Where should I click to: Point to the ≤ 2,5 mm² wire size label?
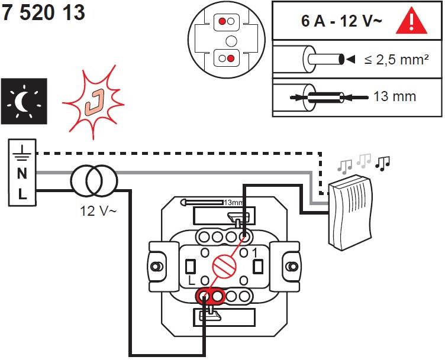click(x=396, y=60)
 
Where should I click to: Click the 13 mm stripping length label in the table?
click(x=395, y=96)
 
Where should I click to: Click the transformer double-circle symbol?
click(x=93, y=182)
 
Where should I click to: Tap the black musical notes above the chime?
click(x=383, y=163)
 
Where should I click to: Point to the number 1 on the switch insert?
click(x=256, y=253)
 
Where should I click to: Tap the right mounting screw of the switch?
click(x=291, y=267)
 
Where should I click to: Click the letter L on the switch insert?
click(x=191, y=278)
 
